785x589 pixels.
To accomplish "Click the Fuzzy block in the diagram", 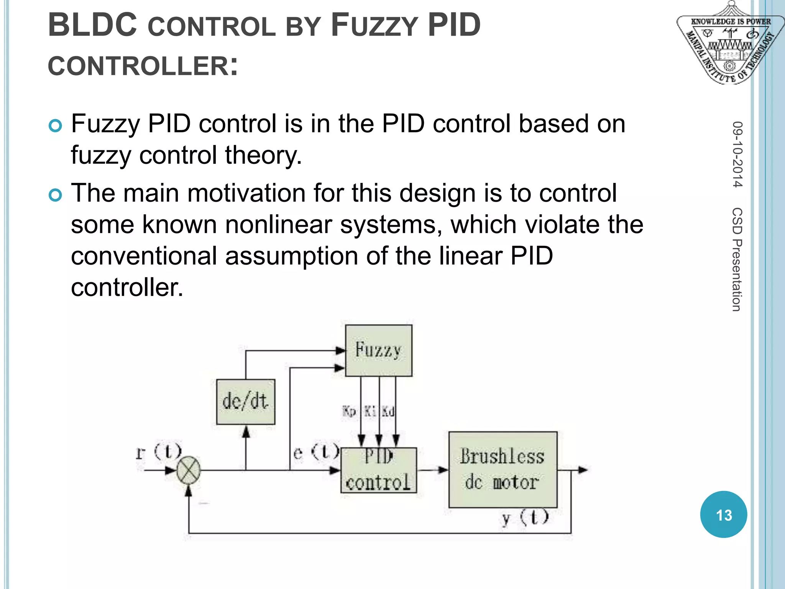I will tap(378, 350).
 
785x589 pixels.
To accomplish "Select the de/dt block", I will tap(245, 401).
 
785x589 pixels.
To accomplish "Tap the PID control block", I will tap(378, 470).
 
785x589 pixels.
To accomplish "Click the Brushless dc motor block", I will tap(503, 469).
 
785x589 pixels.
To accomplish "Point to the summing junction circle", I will tap(188, 470).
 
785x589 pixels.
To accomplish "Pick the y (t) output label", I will tap(525, 518).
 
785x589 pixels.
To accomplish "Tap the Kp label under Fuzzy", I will tap(349, 412).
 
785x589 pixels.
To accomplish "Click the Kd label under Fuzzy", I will tap(388, 412).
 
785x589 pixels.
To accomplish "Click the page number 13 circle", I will tap(723, 515).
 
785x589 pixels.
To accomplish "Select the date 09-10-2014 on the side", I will tap(737, 154).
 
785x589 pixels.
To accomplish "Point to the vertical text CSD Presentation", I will tap(737, 259).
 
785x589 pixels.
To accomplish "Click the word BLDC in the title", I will tap(92, 25).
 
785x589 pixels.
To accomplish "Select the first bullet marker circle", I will tap(55, 126).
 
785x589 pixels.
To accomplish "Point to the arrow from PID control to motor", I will tap(432, 470).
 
